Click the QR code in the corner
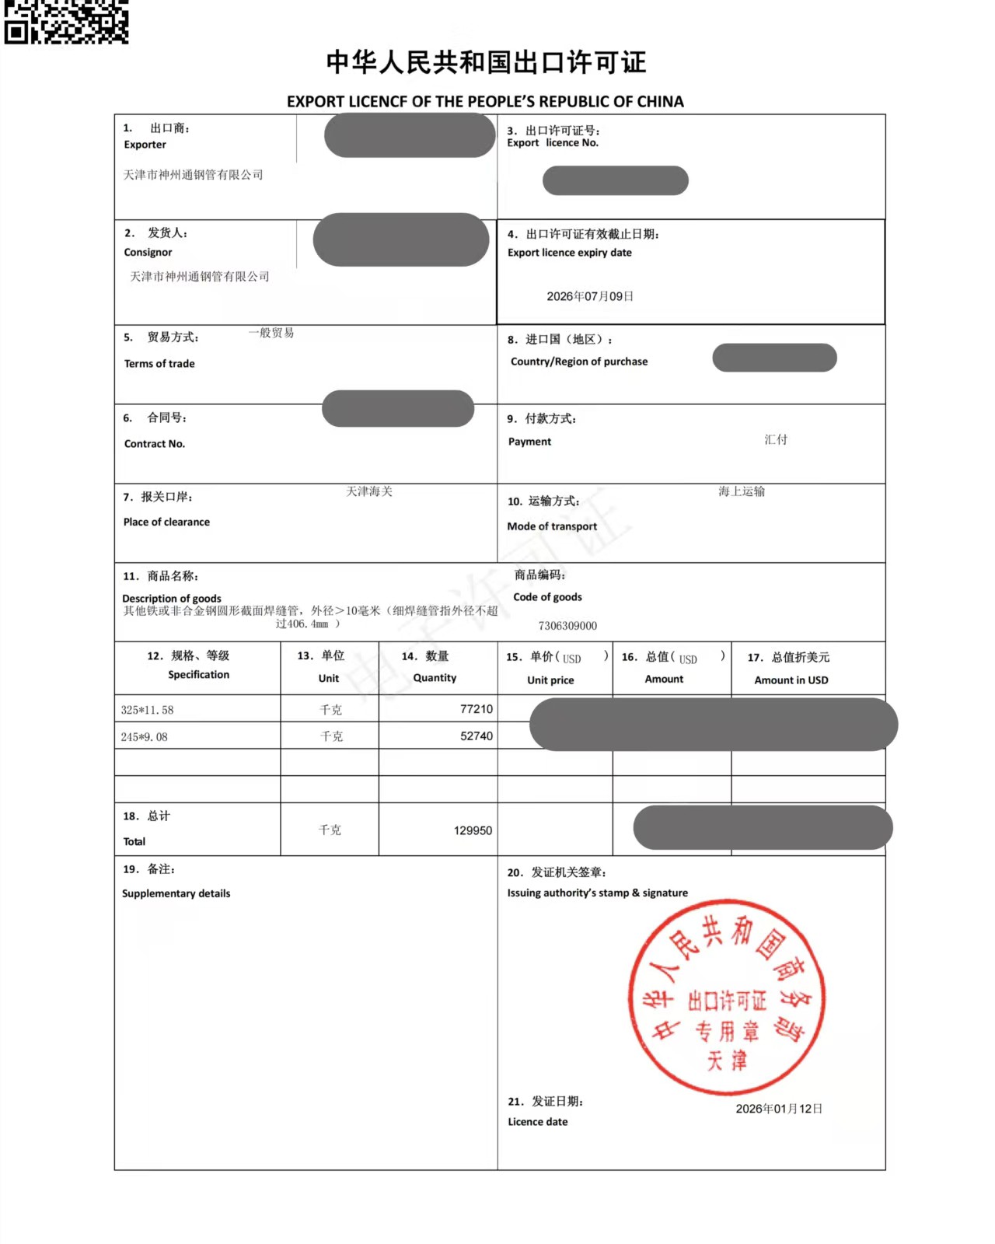coord(66,21)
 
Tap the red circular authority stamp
coord(726,998)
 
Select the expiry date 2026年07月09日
coord(590,296)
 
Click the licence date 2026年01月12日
coord(779,1109)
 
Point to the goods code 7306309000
coord(567,626)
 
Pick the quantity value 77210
coord(476,709)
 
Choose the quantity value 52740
coord(476,736)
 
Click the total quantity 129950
coord(473,830)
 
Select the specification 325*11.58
coord(147,710)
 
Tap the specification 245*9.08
coord(144,737)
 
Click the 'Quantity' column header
coord(435,678)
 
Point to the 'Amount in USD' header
coord(791,680)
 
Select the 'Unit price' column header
coord(550,680)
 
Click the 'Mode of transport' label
coord(552,526)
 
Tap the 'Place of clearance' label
coord(166,522)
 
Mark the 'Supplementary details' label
coord(176,893)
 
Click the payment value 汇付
coord(776,439)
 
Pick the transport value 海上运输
coord(742,491)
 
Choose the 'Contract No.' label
coord(155,444)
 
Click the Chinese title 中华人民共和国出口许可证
coord(486,62)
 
